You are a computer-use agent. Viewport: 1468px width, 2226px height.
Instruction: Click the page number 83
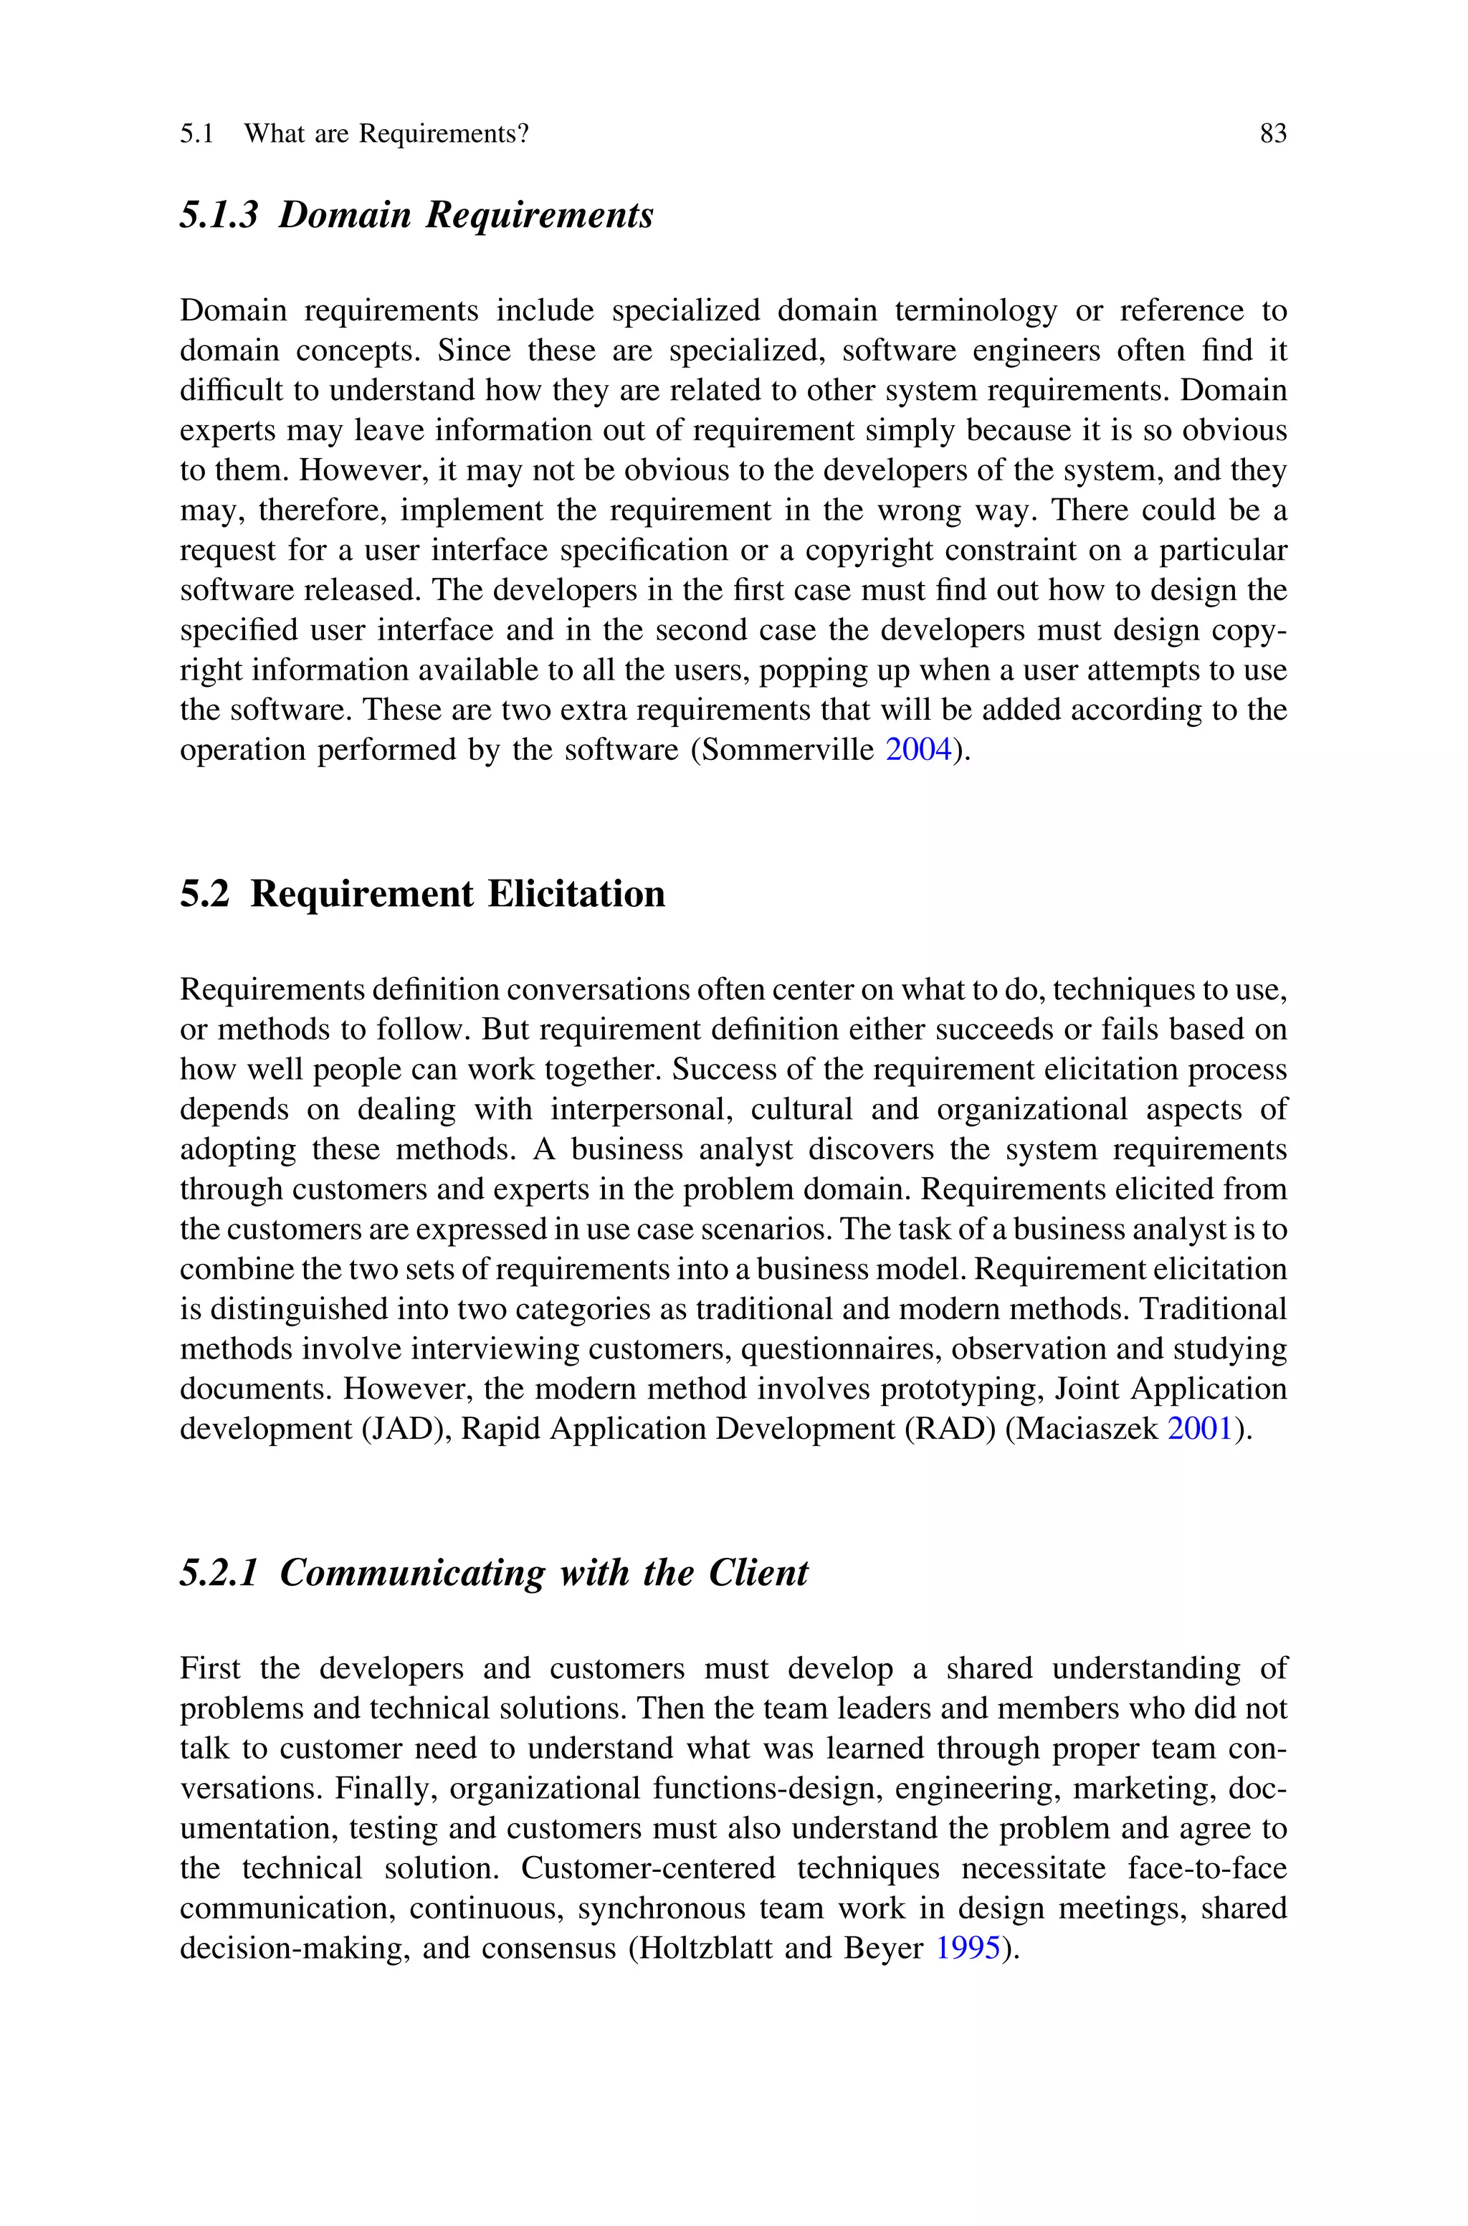(x=1273, y=134)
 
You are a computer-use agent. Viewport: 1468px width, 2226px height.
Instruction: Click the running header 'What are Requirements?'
(x=386, y=134)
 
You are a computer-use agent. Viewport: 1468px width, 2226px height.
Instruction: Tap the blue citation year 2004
(x=918, y=751)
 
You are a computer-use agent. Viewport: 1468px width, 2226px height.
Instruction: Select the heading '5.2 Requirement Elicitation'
(x=422, y=894)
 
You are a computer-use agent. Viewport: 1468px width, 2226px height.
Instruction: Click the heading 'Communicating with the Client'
(x=543, y=1573)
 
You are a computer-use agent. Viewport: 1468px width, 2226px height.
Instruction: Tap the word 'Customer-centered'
(x=648, y=1868)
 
